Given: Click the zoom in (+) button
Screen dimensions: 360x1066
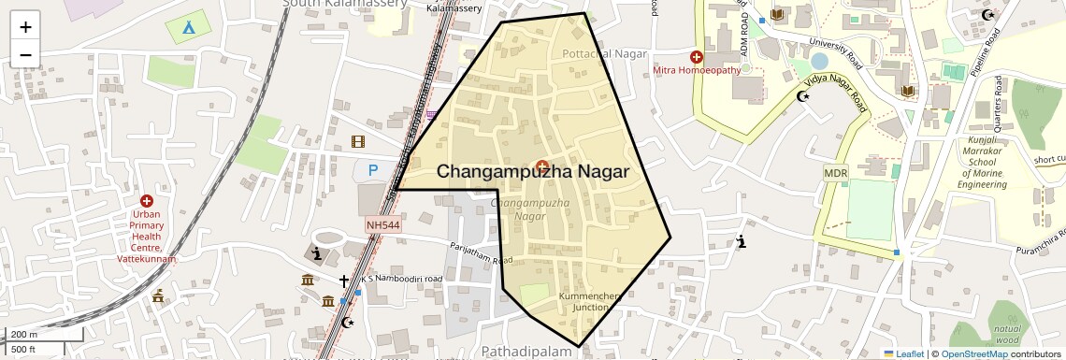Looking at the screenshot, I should coord(25,27).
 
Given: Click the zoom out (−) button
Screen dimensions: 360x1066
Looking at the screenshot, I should coord(25,55).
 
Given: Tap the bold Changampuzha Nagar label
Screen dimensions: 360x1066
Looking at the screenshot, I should coord(533,172).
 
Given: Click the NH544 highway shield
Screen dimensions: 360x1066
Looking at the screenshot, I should coord(382,225).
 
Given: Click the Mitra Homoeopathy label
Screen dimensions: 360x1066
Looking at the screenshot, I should coord(697,70).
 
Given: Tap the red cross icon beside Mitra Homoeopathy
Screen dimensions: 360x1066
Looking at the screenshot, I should coord(696,56).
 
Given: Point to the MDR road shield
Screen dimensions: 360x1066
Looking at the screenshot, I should coord(835,173).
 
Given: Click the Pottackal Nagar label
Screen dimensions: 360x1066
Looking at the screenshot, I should coord(604,54).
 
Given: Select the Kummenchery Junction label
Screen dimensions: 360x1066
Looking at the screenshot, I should coord(590,301).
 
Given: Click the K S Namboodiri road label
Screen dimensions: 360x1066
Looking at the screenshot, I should coord(402,279).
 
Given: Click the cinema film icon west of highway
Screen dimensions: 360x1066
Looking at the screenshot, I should coord(357,141).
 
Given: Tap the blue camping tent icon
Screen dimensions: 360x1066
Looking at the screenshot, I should coord(188,26).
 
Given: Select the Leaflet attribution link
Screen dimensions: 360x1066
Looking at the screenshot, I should coord(903,354).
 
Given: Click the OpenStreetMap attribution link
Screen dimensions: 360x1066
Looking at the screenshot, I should coord(973,354).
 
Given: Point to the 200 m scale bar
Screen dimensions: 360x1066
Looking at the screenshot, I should coord(44,335).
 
